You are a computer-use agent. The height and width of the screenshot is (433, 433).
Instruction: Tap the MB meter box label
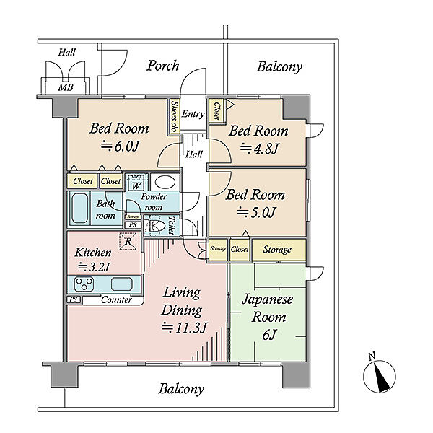tap(65, 87)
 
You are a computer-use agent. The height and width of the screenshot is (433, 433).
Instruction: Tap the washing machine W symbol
tap(136, 183)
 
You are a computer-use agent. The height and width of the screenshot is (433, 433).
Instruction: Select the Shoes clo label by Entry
tap(175, 115)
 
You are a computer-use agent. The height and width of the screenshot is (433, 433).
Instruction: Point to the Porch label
tap(163, 66)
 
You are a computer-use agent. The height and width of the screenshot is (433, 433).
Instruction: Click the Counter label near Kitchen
tap(115, 300)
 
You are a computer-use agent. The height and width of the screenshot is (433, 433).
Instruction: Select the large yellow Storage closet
tap(277, 250)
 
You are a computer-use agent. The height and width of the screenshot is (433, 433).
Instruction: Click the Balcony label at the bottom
tap(182, 389)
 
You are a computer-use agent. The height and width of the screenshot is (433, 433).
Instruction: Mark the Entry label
tap(193, 114)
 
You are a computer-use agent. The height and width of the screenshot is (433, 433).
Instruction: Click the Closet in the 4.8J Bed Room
tap(216, 111)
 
